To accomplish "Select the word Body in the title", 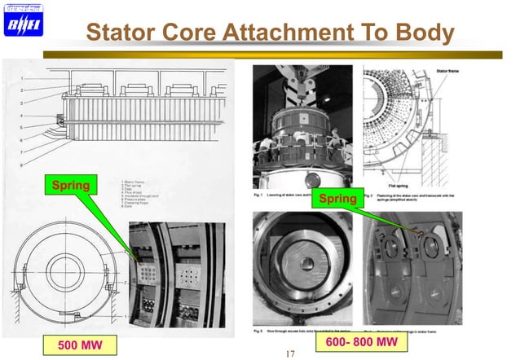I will click(421, 33).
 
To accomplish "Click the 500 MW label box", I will click(74, 345).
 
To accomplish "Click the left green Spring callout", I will click(71, 187).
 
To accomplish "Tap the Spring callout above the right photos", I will click(337, 198).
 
